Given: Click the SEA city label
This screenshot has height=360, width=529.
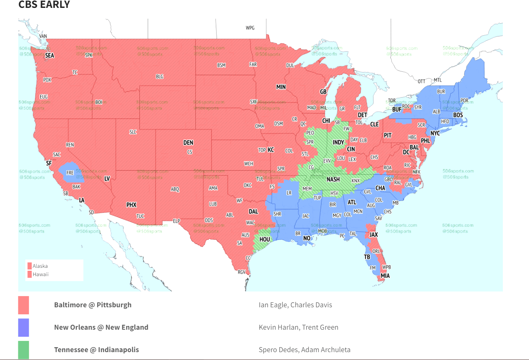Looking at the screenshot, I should coord(49,55).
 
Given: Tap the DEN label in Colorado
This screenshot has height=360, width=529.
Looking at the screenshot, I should coord(188,143).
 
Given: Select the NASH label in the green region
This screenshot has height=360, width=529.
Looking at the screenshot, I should coord(333,180).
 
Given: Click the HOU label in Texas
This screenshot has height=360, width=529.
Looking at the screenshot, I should coord(264,240).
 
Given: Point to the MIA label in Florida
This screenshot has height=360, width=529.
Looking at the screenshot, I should coord(385,276).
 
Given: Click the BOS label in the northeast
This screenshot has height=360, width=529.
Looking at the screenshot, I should coord(458,115).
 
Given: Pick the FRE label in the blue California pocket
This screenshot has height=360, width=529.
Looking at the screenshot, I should coord(70,172).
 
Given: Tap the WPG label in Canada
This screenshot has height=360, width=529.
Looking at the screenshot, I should coord(250,28).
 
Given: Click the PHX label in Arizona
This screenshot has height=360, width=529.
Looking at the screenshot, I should coord(131,205).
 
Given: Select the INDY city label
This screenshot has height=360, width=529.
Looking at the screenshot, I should coord(338,142).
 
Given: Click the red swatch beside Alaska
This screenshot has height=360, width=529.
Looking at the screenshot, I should coord(29,266).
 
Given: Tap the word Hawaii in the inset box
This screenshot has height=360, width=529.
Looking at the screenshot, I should coord(40,274).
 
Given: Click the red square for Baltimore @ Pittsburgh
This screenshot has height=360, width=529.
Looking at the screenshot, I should coord(24,305).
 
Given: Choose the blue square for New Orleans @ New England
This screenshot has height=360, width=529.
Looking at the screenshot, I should coord(24,327).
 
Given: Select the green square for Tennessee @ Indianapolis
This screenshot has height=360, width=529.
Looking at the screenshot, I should coord(24,350).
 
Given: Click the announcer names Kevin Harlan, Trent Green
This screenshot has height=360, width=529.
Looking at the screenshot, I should coord(298,327).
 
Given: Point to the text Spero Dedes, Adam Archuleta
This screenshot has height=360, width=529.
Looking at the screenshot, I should coord(304,350).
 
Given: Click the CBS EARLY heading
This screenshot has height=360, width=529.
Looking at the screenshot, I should coord(44,5).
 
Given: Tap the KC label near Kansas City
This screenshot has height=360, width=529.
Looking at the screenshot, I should coord(271,149).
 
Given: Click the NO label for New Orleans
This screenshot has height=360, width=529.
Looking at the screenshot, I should coord(307,238).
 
